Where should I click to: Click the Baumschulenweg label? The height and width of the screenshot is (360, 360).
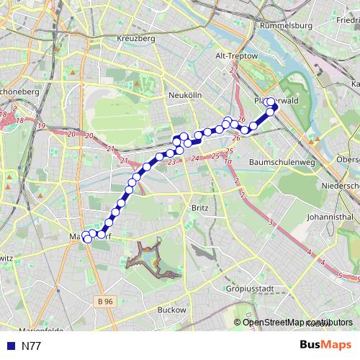282,163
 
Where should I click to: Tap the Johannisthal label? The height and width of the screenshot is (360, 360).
329,216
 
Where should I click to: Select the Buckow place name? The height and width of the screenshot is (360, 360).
171,310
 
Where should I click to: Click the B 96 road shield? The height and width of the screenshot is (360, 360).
106,301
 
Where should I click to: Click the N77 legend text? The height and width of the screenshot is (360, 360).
31,346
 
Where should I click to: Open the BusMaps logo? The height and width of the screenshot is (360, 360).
325,345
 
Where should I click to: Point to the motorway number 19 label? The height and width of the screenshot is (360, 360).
41,126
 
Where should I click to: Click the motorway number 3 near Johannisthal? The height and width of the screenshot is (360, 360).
271,224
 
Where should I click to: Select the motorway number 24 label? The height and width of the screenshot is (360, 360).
194,157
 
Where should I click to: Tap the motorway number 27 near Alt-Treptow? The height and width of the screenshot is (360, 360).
233,70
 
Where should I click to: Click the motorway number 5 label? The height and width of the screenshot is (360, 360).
339,275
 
